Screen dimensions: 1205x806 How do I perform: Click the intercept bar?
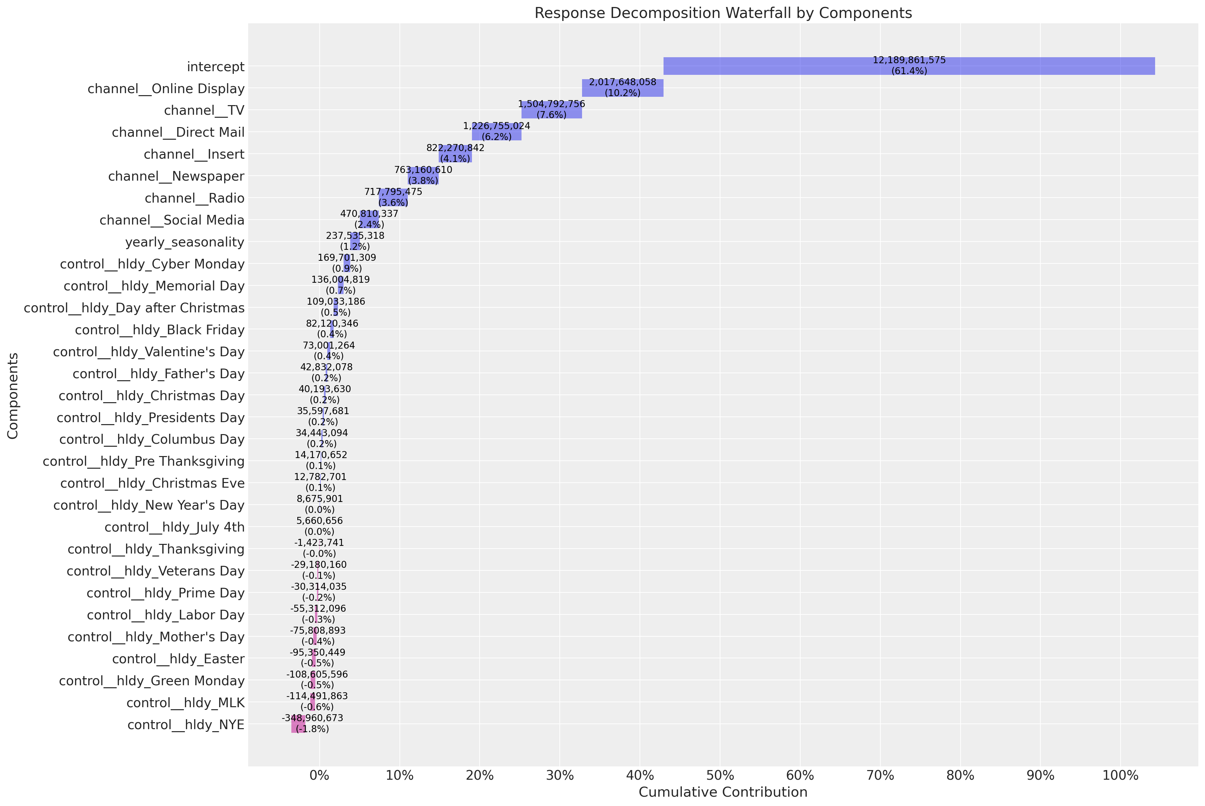(x=909, y=66)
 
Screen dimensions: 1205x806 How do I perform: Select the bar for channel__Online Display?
(x=622, y=88)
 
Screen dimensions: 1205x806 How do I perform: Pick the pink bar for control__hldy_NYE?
(x=298, y=724)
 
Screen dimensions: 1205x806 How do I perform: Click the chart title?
(x=723, y=13)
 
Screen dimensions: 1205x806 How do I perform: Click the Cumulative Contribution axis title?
(x=723, y=792)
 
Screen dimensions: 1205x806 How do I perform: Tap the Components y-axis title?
(x=13, y=396)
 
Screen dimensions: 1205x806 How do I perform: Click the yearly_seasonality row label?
(x=185, y=242)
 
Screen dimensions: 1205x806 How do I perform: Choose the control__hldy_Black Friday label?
(x=160, y=330)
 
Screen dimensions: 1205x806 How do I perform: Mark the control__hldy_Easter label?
(x=178, y=659)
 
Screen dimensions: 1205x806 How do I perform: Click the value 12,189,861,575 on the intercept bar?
(x=909, y=61)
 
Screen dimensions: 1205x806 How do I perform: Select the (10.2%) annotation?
(x=622, y=93)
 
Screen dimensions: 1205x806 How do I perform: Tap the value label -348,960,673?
(x=312, y=718)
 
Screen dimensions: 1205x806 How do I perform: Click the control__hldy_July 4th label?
(x=175, y=527)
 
